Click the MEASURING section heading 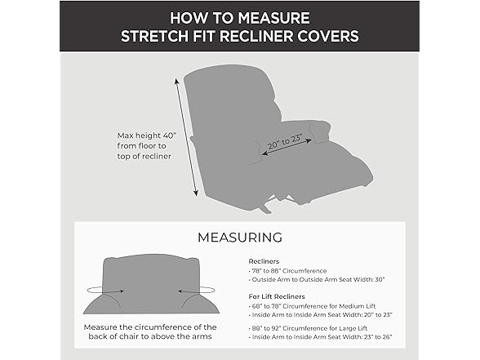pyautogui.click(x=240, y=238)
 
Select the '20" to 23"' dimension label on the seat pyautogui.click(x=286, y=142)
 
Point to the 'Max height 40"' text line pyautogui.click(x=147, y=136)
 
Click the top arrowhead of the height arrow pyautogui.click(x=176, y=81)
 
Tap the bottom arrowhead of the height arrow pyautogui.click(x=196, y=193)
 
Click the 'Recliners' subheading pyautogui.click(x=264, y=261)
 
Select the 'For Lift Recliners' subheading pyautogui.click(x=277, y=296)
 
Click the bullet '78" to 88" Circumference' pyautogui.click(x=287, y=271)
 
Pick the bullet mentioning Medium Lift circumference pyautogui.click(x=312, y=306)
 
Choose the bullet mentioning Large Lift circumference pyautogui.click(x=308, y=328)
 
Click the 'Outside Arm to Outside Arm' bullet pyautogui.click(x=317, y=279)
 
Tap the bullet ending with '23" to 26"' pyautogui.click(x=321, y=337)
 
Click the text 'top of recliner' pyautogui.click(x=144, y=156)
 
